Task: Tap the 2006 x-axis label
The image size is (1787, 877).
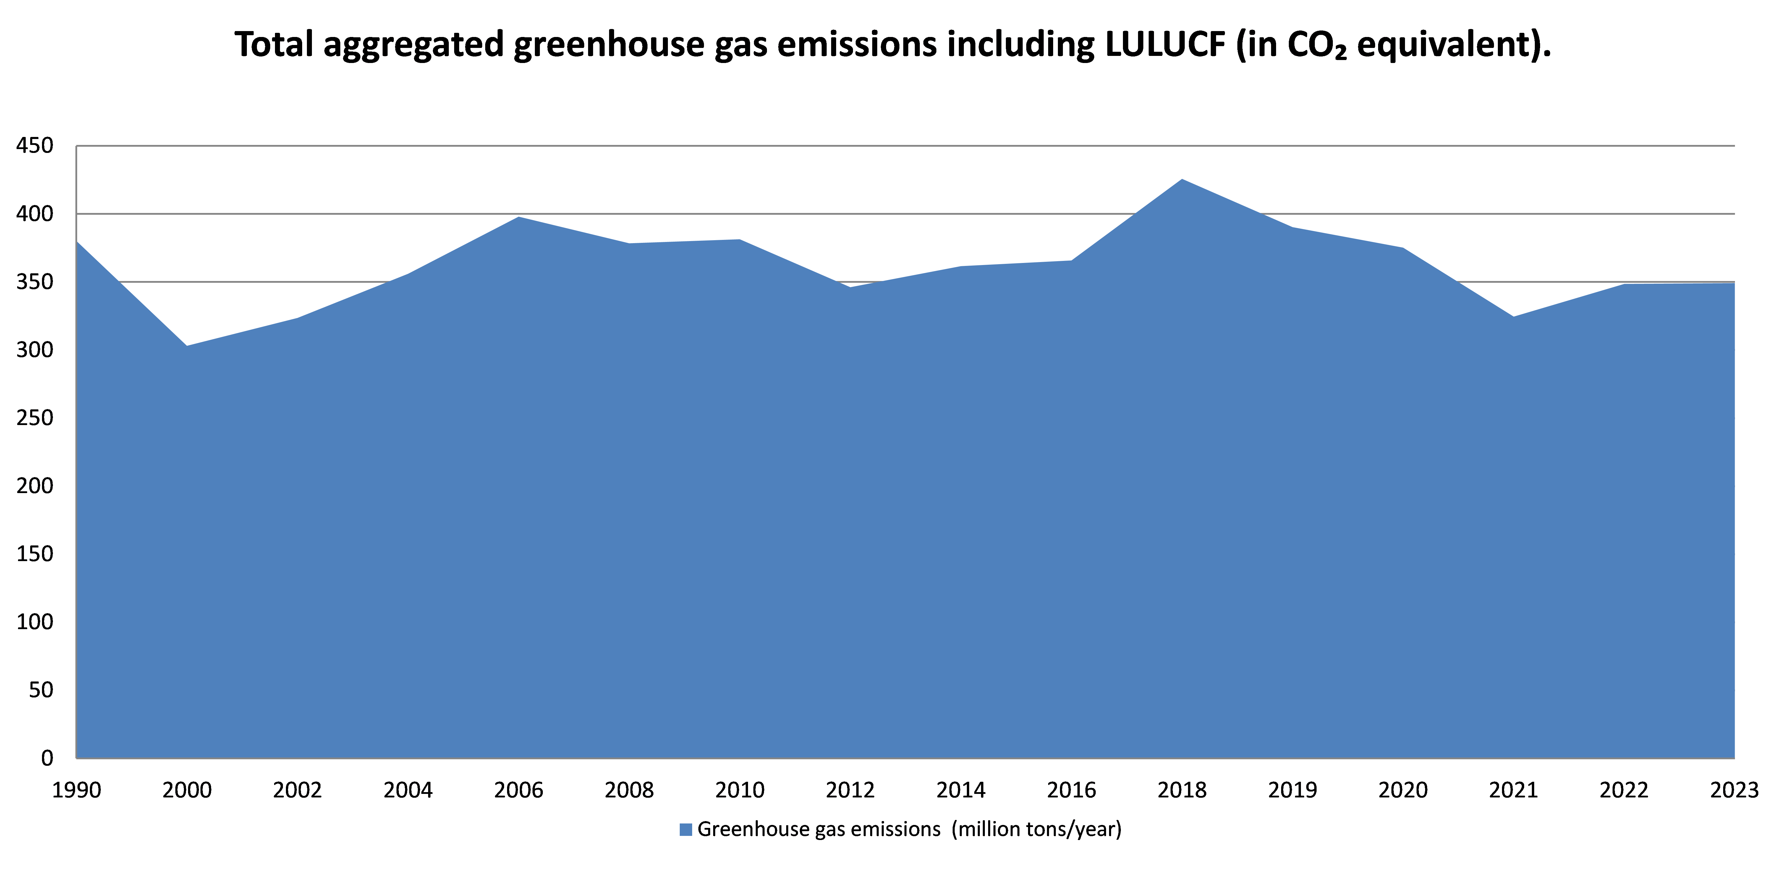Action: pos(519,790)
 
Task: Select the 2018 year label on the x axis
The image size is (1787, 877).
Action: pos(1182,790)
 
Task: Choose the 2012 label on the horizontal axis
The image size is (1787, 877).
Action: pos(851,790)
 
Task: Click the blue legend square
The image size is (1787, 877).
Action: pos(686,830)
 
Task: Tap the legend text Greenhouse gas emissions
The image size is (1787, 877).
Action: pos(819,830)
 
